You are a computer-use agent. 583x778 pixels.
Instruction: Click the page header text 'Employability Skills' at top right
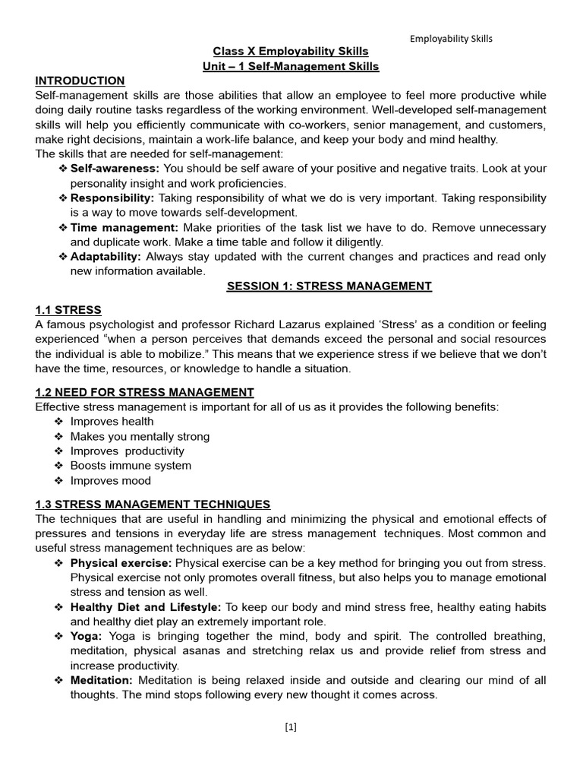pyautogui.click(x=451, y=39)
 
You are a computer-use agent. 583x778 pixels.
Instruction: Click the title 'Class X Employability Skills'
pyautogui.click(x=291, y=52)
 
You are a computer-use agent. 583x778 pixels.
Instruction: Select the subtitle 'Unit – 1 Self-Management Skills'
pyautogui.click(x=291, y=67)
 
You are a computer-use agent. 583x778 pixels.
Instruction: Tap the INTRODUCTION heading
pyautogui.click(x=80, y=81)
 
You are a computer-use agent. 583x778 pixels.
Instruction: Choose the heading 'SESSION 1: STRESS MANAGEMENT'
pyautogui.click(x=329, y=286)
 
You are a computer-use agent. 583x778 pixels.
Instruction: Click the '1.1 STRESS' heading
pyautogui.click(x=68, y=310)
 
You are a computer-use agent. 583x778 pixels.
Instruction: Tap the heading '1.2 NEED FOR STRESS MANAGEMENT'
pyautogui.click(x=144, y=392)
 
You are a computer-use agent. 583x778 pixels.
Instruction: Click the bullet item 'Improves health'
pyautogui.click(x=112, y=422)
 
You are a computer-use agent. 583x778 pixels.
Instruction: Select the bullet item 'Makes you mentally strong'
pyautogui.click(x=140, y=437)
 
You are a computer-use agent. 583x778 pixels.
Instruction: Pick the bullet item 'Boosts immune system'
pyautogui.click(x=131, y=466)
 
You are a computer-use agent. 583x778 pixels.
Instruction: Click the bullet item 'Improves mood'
pyautogui.click(x=110, y=481)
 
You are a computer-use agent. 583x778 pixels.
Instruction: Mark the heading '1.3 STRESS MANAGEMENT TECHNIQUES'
pyautogui.click(x=153, y=504)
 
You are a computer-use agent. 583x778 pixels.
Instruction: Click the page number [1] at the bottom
pyautogui.click(x=291, y=727)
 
